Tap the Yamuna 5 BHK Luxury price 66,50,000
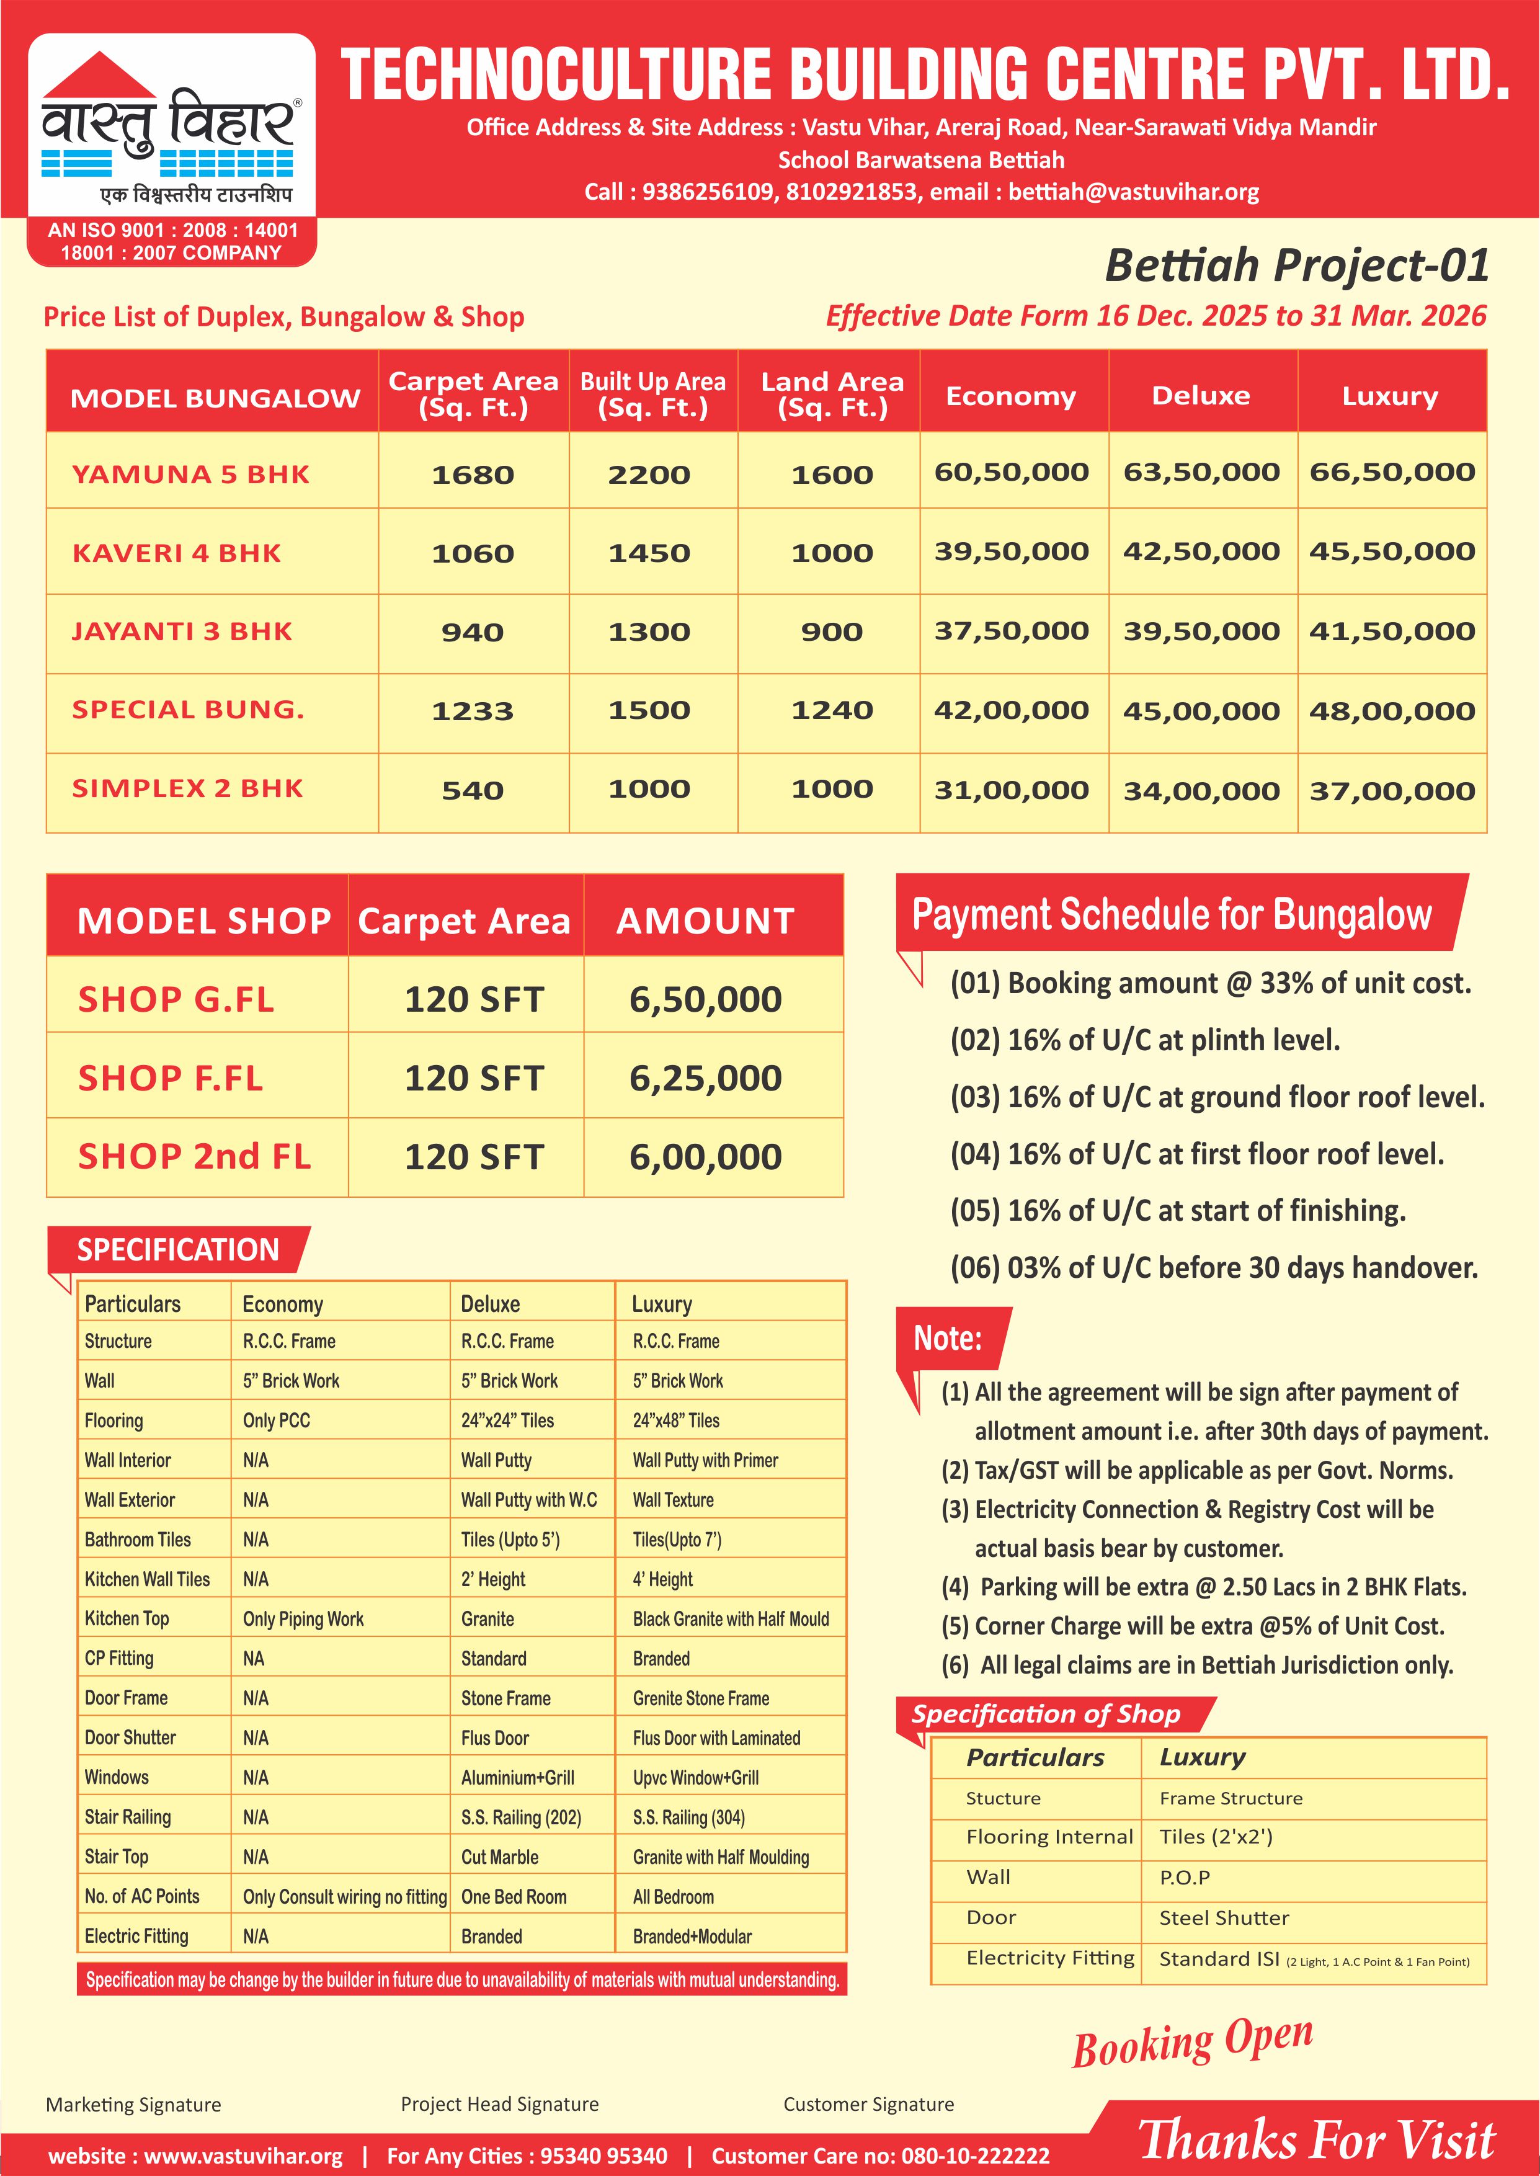[x=1391, y=472]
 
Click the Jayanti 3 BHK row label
[x=182, y=631]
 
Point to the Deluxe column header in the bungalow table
[x=1201, y=395]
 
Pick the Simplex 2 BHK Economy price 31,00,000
[x=1011, y=790]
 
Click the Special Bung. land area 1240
[x=832, y=710]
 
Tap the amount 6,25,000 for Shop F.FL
[x=706, y=1078]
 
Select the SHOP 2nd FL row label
[x=194, y=1157]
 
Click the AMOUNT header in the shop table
[x=706, y=921]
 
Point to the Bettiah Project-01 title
[x=1296, y=265]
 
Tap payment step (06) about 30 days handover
[x=1214, y=1268]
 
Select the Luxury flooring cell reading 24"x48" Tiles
[x=676, y=1420]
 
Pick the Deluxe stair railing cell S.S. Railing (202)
[x=520, y=1817]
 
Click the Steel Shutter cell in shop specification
[x=1224, y=1918]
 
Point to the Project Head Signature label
[x=500, y=2104]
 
